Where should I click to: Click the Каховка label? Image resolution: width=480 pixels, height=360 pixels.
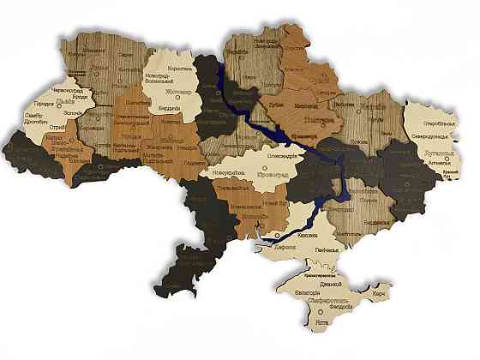click(x=307, y=234)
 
